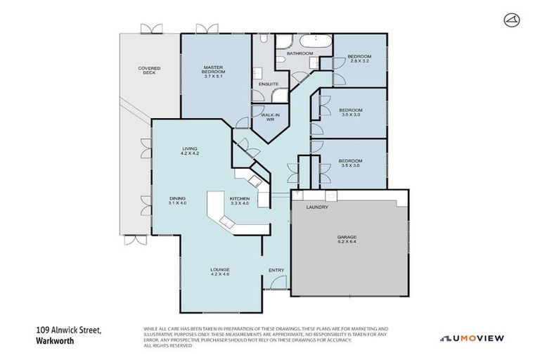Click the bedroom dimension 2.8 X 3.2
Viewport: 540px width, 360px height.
pos(360,60)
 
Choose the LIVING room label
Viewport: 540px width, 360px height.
pos(190,148)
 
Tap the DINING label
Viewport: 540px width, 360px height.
pos(177,199)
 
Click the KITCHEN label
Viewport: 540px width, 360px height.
pos(240,199)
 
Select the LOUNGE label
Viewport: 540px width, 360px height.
pos(220,270)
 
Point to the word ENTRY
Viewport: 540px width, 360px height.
pos(276,271)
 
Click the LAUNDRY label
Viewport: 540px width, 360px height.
pos(318,207)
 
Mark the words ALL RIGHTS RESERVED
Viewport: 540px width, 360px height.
pos(169,345)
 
